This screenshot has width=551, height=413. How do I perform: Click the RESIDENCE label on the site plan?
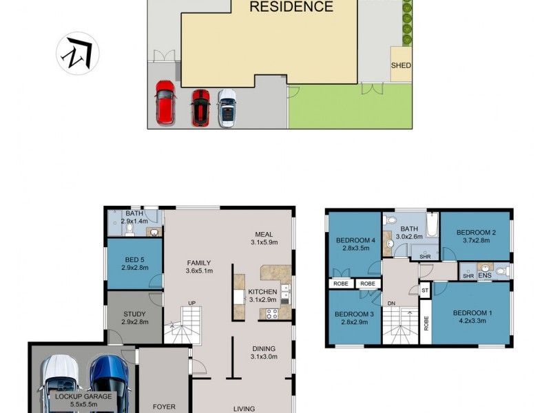(x=291, y=8)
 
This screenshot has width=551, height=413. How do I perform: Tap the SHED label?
(x=401, y=66)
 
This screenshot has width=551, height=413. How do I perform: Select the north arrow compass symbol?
(x=77, y=54)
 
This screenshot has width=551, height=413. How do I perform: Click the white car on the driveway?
(x=227, y=108)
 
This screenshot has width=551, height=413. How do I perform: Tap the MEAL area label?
(x=264, y=233)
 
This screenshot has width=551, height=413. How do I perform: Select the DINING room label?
(x=264, y=348)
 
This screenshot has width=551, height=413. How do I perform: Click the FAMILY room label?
(x=200, y=262)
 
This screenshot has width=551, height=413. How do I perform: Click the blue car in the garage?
(x=109, y=383)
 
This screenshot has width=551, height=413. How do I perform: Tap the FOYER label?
(x=164, y=407)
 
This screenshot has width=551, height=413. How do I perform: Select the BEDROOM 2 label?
(x=475, y=232)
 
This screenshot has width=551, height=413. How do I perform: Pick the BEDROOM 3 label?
(x=353, y=315)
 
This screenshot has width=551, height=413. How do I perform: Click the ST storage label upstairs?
(x=425, y=290)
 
